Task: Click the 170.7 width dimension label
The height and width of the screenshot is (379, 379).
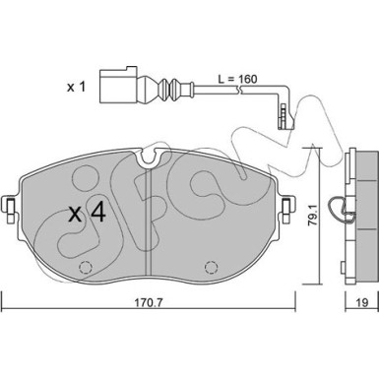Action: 149,302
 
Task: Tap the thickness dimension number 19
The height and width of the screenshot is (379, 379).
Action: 362,302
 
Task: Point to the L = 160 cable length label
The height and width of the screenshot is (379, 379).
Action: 237,79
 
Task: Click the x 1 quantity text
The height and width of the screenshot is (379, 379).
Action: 76,88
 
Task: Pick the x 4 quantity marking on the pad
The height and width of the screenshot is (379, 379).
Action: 88,213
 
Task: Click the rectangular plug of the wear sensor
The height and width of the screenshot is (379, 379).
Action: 118,85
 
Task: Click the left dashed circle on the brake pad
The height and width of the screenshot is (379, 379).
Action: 86,268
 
